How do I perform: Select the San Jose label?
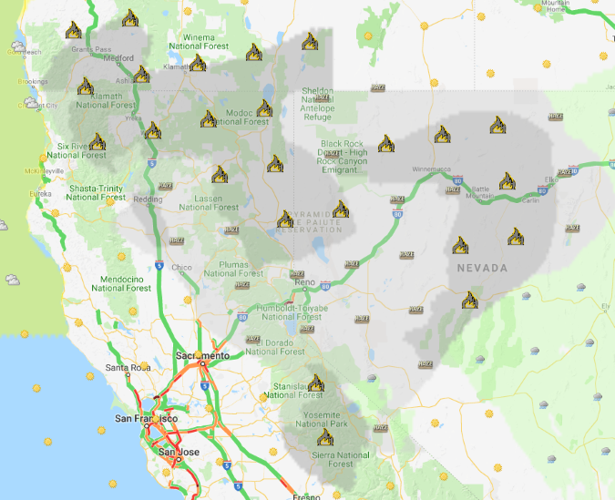click(x=179, y=451)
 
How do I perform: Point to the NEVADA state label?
click(x=483, y=269)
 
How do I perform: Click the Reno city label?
click(x=303, y=283)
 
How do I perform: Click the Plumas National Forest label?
click(x=233, y=268)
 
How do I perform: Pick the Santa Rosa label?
click(x=127, y=367)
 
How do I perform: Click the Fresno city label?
click(x=306, y=497)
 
